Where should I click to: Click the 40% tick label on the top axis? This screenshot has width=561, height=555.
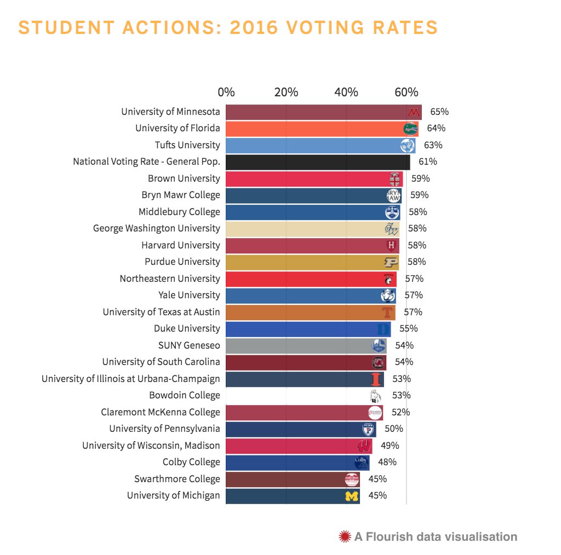click(346, 92)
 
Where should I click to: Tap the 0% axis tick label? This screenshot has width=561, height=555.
click(226, 92)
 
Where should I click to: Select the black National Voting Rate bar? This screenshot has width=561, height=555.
click(318, 161)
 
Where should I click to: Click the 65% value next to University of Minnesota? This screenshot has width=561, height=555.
click(439, 112)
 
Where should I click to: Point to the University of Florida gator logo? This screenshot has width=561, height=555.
click(410, 129)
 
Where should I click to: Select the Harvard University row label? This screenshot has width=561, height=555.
click(180, 245)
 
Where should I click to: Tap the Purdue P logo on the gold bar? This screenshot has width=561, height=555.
click(391, 262)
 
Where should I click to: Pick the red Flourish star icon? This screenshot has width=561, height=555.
click(345, 536)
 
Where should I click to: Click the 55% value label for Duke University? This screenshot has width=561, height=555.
click(408, 328)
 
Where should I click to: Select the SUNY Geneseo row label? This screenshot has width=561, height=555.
click(189, 345)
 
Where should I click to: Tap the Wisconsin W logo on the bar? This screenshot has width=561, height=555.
click(364, 446)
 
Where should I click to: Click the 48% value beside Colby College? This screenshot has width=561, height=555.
click(387, 462)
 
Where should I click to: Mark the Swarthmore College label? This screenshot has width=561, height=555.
click(177, 479)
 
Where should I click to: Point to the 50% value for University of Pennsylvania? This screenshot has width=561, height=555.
click(393, 429)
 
